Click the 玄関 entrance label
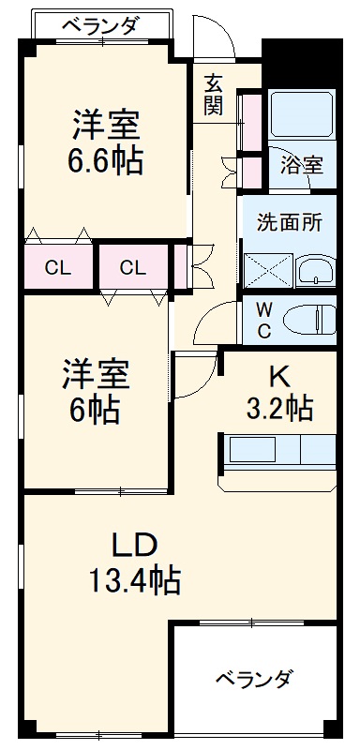(214, 94)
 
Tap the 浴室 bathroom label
(302, 164)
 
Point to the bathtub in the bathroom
(301, 116)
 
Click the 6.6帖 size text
(105, 161)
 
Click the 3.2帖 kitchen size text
(280, 408)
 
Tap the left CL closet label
(58, 268)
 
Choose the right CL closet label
(132, 268)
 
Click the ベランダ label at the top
(100, 26)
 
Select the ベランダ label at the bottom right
(254, 678)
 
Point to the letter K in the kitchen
(278, 375)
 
